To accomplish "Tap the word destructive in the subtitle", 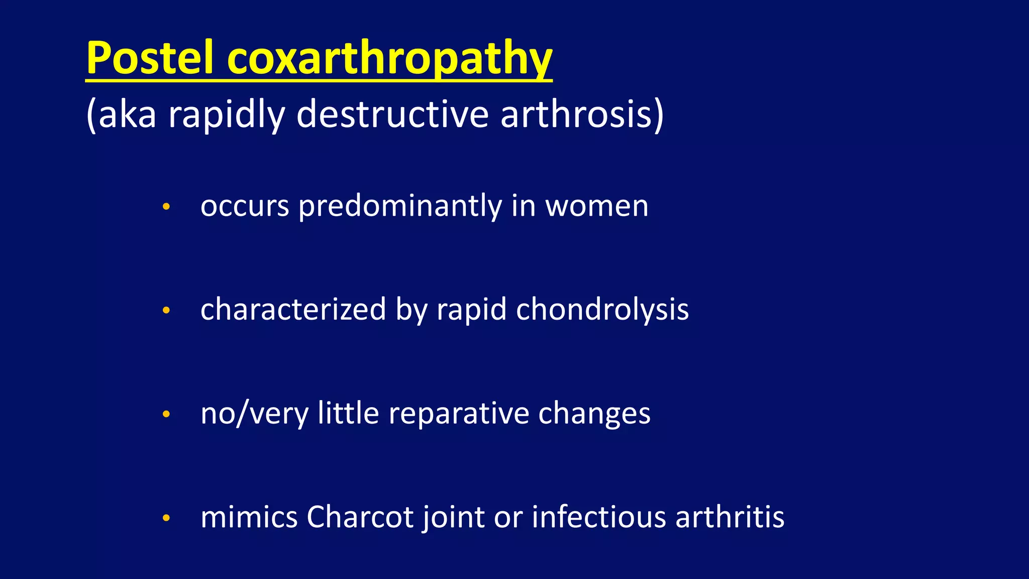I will point(392,114).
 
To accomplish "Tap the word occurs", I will point(245,207).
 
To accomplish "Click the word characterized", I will point(293,310).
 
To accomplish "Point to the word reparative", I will point(459,414).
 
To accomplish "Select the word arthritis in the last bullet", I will point(730,517).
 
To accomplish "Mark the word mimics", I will point(249,517).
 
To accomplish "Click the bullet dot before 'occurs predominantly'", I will point(167,207).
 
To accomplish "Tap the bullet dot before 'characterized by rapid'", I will point(167,310).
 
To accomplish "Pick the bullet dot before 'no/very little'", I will point(167,414).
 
